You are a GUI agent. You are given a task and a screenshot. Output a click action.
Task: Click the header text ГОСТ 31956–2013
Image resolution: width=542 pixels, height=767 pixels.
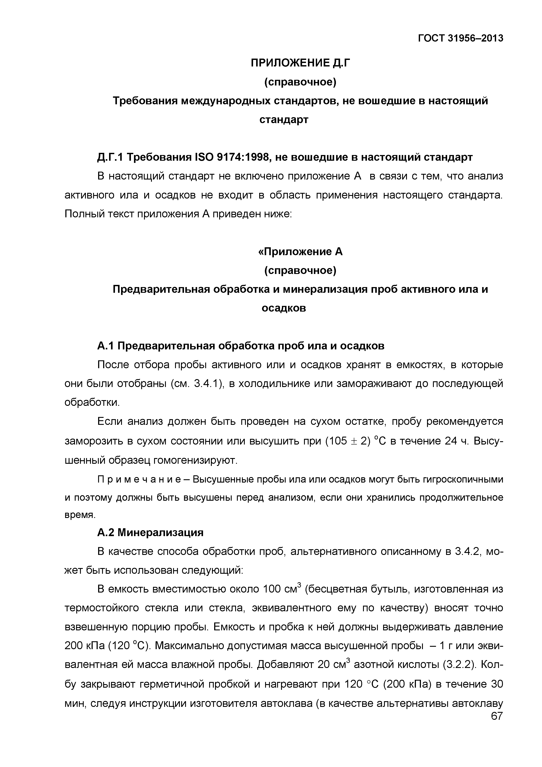[x=460, y=38]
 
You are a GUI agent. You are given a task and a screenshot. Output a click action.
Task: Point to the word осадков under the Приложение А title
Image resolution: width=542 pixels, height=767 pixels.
[x=283, y=308]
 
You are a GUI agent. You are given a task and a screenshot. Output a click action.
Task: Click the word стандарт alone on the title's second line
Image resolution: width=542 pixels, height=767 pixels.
[x=283, y=119]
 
